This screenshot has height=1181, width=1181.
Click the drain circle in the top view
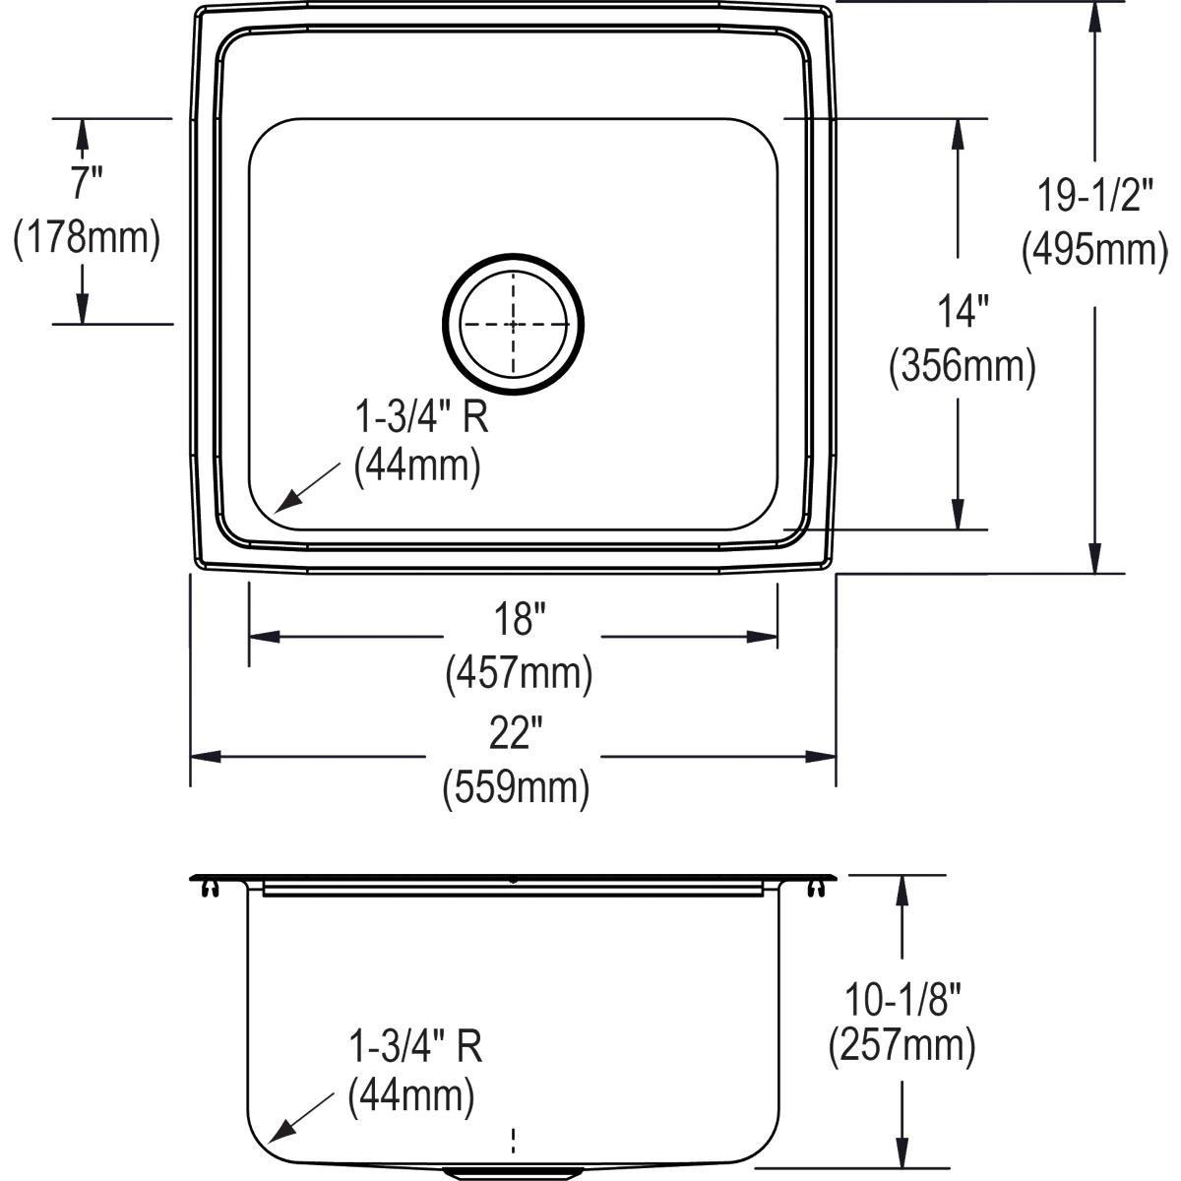(513, 324)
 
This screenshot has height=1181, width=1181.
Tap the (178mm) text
(87, 238)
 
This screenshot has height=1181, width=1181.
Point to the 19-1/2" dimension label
(1093, 196)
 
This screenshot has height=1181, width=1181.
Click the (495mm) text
(1093, 250)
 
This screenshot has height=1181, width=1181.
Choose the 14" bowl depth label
(962, 313)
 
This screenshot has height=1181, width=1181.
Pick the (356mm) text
(962, 367)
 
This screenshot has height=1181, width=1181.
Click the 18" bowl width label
(519, 620)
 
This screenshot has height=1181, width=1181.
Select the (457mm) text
(519, 674)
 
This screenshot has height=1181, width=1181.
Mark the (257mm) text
(902, 1046)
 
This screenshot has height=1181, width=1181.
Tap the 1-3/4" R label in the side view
(414, 1047)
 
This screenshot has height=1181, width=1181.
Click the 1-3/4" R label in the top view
(421, 419)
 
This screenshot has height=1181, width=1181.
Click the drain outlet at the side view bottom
(513, 1173)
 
